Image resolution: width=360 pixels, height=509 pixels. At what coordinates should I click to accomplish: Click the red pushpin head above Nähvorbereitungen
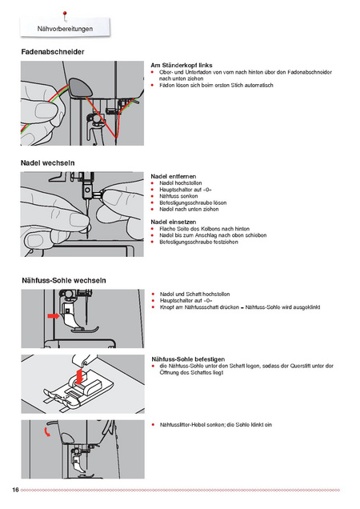click(x=65, y=14)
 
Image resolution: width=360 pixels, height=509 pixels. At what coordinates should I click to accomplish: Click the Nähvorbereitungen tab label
click(x=65, y=29)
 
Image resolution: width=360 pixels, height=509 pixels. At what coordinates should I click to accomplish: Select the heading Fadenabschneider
click(x=53, y=51)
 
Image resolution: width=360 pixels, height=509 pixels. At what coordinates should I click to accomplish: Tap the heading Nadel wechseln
click(x=48, y=162)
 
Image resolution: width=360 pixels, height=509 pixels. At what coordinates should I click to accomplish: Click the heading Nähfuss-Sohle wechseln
click(x=64, y=280)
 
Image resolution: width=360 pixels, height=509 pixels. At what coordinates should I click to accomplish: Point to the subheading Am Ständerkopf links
click(x=182, y=66)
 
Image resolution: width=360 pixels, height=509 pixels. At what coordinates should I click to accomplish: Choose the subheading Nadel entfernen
click(x=174, y=176)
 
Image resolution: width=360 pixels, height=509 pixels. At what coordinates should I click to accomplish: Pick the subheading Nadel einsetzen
click(x=174, y=222)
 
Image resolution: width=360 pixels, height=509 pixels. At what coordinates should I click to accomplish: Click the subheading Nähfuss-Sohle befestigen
click(x=188, y=359)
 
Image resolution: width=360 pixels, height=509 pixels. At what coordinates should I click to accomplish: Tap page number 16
click(x=15, y=490)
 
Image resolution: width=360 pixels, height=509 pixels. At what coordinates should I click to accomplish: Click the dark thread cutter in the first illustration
click(x=80, y=87)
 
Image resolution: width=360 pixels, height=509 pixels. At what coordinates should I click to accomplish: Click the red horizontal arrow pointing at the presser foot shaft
click(x=54, y=316)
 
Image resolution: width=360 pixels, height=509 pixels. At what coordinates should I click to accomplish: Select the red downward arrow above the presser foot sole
click(x=79, y=375)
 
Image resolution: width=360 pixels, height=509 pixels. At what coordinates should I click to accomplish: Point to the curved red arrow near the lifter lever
click(x=47, y=431)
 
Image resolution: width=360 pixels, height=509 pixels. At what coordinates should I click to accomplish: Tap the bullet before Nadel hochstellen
click(x=153, y=183)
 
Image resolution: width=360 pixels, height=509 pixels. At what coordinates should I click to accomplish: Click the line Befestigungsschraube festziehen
click(x=198, y=242)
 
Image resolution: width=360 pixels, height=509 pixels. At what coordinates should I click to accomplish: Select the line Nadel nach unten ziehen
click(x=189, y=209)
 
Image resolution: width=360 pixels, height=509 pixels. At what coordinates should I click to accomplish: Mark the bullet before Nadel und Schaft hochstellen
click(x=154, y=294)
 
